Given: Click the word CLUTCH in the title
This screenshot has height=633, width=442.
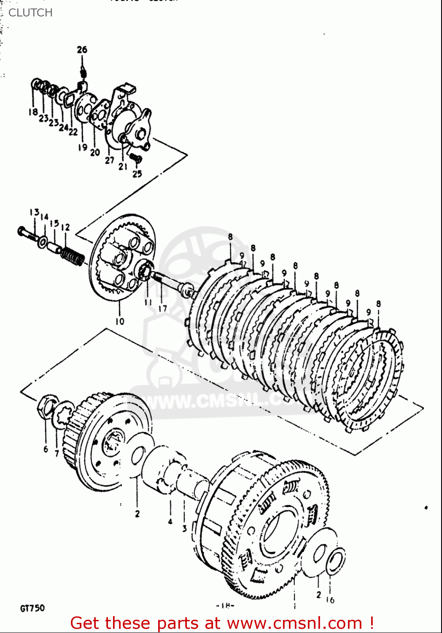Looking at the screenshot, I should click(x=30, y=13).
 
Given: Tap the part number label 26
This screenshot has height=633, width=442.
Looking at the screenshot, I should click(x=82, y=49).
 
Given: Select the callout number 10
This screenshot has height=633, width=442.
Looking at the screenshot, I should click(x=120, y=321).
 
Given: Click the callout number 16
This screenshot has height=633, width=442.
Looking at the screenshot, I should click(x=330, y=599).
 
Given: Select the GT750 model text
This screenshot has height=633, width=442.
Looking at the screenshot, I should click(x=32, y=608).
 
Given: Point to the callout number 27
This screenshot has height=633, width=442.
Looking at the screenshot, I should click(x=110, y=160).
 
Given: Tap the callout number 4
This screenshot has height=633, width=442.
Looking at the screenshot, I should click(x=170, y=521).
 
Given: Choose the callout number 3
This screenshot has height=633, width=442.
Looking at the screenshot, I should click(x=184, y=528).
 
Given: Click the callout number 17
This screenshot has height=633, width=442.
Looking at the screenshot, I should click(x=163, y=308).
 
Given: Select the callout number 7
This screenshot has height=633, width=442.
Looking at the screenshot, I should click(x=57, y=454).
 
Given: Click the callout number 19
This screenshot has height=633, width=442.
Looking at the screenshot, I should click(x=82, y=147).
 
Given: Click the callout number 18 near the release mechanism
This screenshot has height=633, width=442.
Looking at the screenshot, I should click(x=33, y=112).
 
